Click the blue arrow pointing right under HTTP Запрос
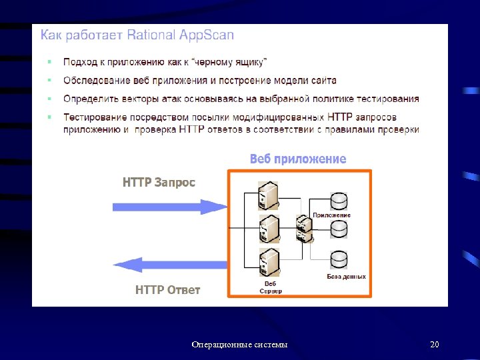tap(169, 206)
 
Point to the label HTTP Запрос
tap(159, 183)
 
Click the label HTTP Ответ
tap(167, 290)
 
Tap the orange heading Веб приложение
tap(298, 159)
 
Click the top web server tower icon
tap(269, 195)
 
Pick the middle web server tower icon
tap(269, 228)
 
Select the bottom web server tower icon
tap(269, 261)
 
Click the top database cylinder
tap(339, 200)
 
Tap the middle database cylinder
tap(339, 229)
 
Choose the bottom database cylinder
tap(339, 259)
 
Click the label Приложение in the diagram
tap(332, 215)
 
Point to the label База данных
tap(346, 277)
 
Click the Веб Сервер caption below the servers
tap(270, 287)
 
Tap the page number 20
tap(435, 345)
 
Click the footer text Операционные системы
tap(240, 345)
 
